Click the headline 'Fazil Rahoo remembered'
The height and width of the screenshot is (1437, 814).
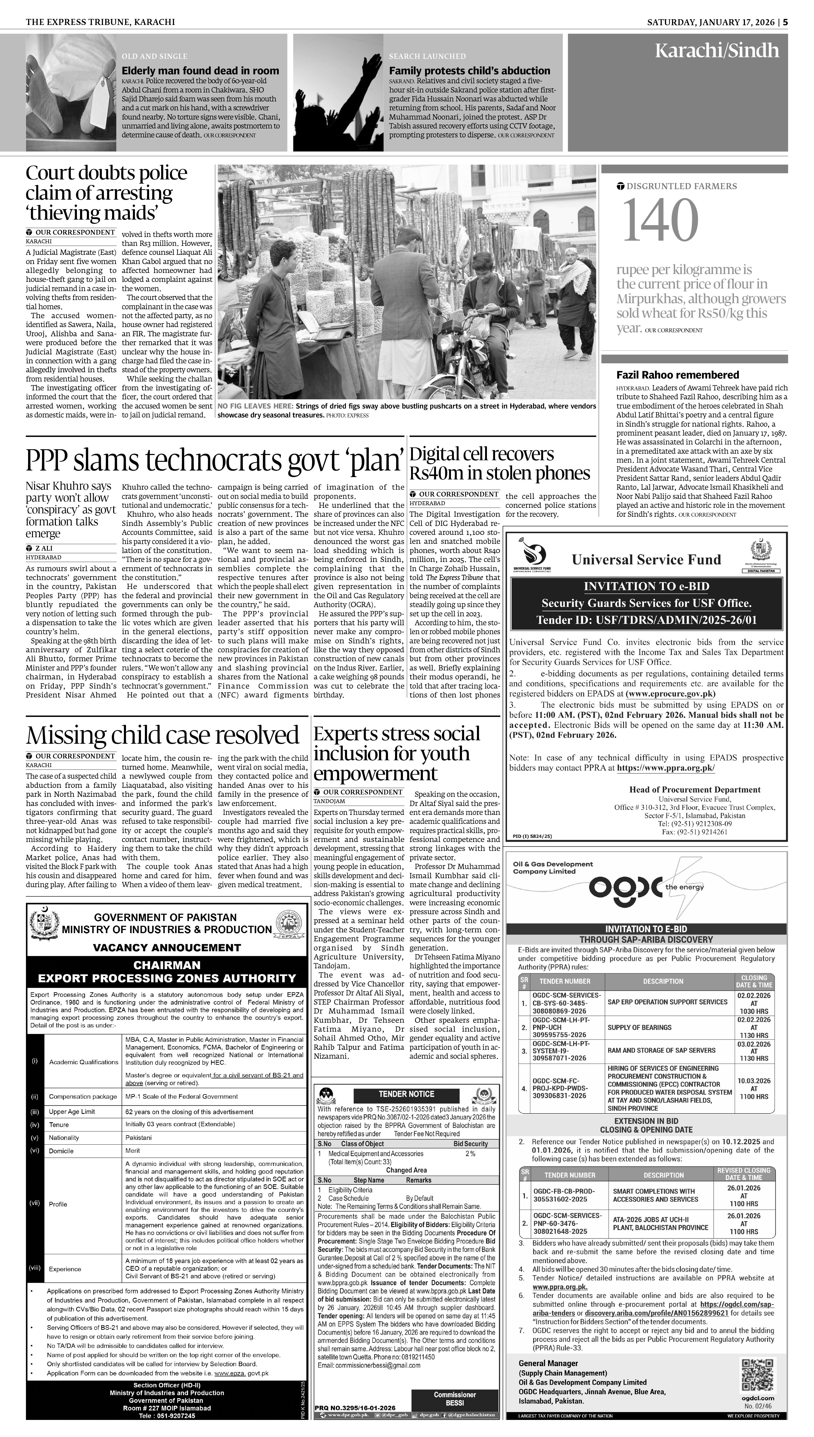(x=677, y=375)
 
